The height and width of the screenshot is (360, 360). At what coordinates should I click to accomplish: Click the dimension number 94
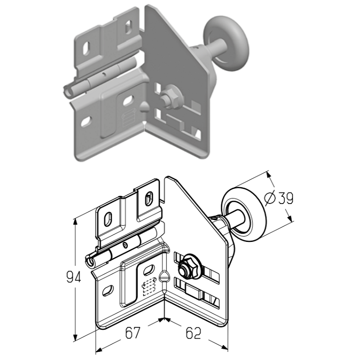(73, 276)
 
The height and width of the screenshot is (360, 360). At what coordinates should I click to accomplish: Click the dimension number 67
(132, 333)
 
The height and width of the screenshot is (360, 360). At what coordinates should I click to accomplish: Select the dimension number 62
(193, 333)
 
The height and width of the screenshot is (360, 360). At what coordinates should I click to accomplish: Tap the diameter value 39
(286, 198)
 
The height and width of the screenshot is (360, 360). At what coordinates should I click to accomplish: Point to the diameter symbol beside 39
(270, 198)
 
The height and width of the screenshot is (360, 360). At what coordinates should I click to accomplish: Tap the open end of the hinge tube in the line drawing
(90, 261)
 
